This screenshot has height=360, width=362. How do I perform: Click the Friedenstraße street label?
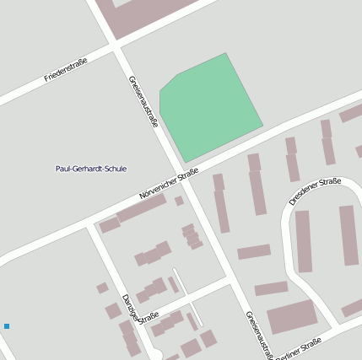(68, 71)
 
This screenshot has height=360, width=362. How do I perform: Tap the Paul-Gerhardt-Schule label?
(90, 169)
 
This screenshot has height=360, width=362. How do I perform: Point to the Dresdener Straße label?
(314, 191)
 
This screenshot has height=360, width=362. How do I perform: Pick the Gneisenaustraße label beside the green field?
(143, 102)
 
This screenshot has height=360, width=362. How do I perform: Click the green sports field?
(208, 105)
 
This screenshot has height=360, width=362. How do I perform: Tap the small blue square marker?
(7, 325)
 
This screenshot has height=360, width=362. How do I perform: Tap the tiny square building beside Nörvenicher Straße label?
(179, 201)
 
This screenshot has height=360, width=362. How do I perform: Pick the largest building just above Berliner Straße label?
(292, 317)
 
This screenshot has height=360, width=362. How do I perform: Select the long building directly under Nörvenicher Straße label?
(141, 208)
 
